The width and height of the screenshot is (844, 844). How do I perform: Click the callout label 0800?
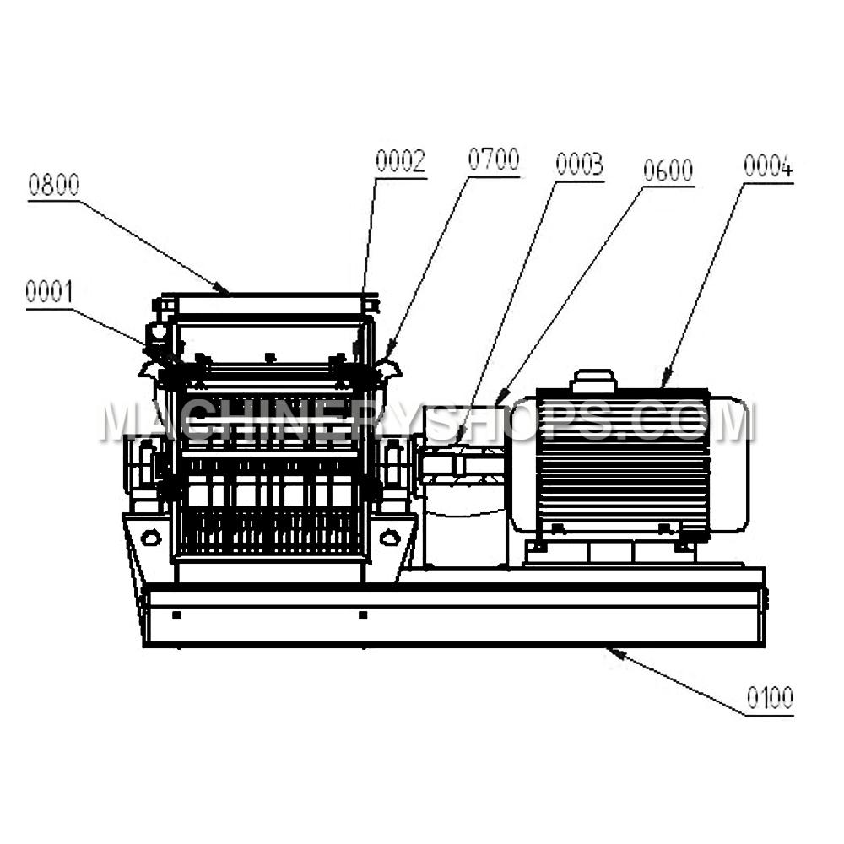54,185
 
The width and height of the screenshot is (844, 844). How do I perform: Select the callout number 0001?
49,292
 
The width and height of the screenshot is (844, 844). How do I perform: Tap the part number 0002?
400,161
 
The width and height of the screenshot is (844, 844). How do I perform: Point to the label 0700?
494,160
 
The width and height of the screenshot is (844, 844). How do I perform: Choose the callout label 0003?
579,165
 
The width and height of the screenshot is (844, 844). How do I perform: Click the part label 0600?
668,170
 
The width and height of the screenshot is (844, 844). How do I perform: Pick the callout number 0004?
768,165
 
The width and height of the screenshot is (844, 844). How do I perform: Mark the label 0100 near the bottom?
770,698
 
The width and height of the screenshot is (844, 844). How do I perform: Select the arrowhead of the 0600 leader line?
501,398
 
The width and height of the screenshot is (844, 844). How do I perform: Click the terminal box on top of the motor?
593,381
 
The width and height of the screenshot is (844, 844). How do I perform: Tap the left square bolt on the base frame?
176,614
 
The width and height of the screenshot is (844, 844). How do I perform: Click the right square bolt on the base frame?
363,614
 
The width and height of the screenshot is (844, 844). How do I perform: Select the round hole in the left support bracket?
151,537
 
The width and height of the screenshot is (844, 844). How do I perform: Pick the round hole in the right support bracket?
390,537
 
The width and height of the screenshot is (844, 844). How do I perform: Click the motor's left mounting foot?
537,547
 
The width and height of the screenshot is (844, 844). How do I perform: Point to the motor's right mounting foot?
684,547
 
